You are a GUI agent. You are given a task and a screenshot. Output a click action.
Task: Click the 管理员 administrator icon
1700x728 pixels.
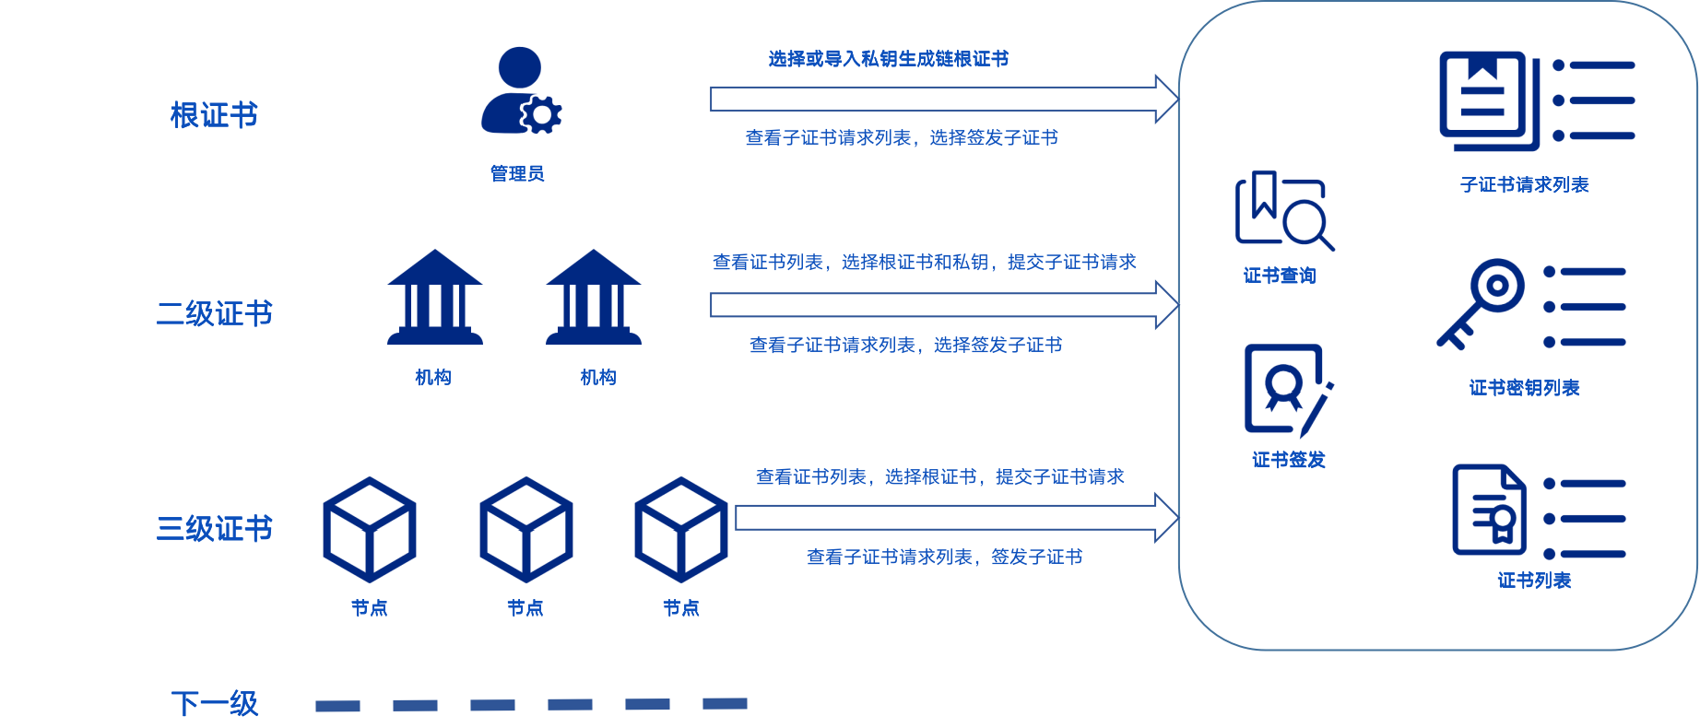[520, 90]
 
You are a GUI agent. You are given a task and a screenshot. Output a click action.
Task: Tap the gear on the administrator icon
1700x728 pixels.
[541, 114]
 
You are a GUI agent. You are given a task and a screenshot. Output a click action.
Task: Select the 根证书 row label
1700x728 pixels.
[214, 115]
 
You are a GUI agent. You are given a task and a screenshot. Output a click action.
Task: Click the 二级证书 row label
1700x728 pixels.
[214, 313]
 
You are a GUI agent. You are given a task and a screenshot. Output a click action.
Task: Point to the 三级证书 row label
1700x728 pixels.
[214, 528]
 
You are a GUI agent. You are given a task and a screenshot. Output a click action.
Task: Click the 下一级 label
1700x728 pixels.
[214, 703]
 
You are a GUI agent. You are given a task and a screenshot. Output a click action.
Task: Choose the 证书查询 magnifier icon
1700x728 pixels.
[1283, 210]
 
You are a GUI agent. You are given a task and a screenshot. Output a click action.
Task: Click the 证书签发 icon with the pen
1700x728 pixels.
[1288, 391]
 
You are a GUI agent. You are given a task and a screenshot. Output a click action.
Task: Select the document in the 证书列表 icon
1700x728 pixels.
[1489, 510]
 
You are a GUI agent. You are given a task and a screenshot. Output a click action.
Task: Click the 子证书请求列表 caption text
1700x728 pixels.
[1525, 184]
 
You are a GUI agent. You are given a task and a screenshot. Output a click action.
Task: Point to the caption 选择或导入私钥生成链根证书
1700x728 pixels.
[889, 59]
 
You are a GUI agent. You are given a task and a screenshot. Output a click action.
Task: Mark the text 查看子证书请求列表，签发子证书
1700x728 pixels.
[945, 557]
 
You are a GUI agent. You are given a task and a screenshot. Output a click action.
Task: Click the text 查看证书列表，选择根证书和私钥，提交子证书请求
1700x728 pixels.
[925, 262]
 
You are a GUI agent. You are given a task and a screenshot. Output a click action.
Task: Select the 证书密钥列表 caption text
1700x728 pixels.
[1525, 388]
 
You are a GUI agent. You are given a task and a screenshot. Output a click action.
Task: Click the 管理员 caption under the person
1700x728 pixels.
[517, 173]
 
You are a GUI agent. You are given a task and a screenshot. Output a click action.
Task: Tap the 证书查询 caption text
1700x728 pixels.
[1280, 276]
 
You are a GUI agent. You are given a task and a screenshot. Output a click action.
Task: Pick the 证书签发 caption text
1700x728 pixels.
[1289, 460]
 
